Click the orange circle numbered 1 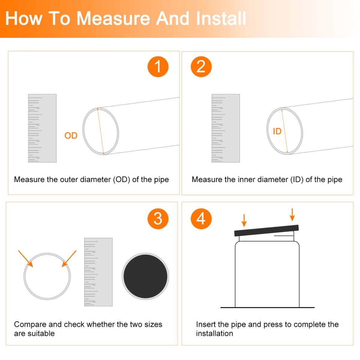158,67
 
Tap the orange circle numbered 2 201,67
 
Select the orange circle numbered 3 158,219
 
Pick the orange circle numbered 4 201,219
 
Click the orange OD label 71,136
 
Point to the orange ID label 277,131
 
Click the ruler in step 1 42,128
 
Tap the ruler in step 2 226,128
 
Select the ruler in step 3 98,272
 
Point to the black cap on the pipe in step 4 266,230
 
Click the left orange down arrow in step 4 244,220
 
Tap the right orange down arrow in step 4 292,215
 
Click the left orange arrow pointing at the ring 25,259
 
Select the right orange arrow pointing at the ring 69,259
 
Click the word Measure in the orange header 113,19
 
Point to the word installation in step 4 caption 214,334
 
